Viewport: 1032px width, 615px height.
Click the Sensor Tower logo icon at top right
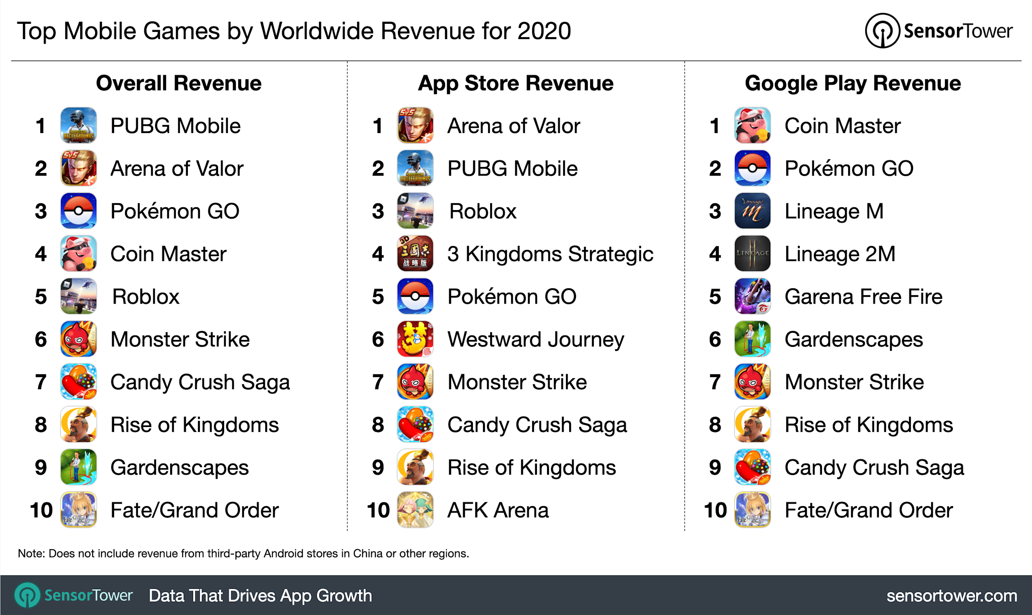[882, 31]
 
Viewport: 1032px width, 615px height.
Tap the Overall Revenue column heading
[179, 83]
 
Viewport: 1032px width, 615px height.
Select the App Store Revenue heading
[516, 83]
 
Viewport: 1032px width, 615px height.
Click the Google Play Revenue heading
[853, 83]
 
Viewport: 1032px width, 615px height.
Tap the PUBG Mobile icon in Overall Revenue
[79, 125]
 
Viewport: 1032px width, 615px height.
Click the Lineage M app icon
[752, 211]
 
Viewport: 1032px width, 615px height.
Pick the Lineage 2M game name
[840, 254]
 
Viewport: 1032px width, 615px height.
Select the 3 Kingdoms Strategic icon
[415, 254]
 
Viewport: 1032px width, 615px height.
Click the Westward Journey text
[535, 340]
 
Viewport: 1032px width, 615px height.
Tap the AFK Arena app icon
[415, 510]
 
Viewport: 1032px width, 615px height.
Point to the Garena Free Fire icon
[752, 296]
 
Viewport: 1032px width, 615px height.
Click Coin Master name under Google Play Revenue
[843, 126]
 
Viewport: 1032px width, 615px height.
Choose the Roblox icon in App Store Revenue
[415, 211]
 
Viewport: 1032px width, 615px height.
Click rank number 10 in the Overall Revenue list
[41, 510]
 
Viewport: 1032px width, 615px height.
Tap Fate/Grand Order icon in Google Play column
[752, 510]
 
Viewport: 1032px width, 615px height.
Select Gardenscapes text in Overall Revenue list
[179, 468]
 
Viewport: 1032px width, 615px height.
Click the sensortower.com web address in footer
[952, 596]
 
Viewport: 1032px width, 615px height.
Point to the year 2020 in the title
[544, 31]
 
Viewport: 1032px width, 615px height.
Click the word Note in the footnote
[30, 554]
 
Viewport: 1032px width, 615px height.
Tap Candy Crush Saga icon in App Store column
[415, 424]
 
